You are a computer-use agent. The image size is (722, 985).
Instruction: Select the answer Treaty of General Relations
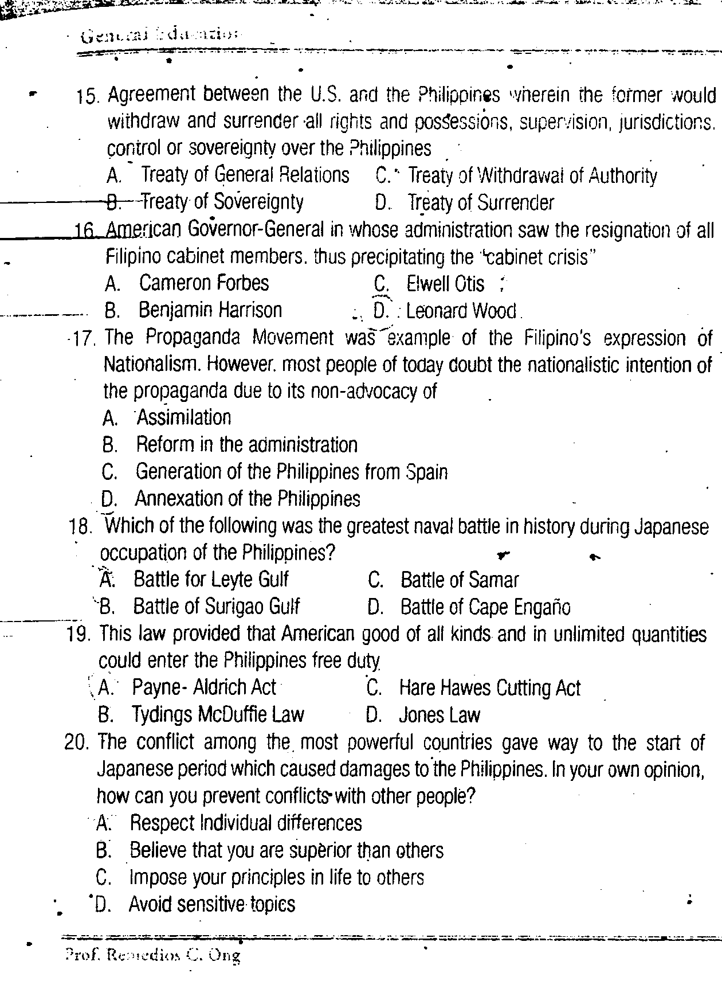pos(245,175)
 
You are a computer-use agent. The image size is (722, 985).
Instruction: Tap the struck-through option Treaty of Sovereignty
pos(222,201)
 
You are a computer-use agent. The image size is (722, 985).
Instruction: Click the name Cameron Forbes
pos(203,283)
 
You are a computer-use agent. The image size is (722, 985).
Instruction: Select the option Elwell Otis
pos(445,284)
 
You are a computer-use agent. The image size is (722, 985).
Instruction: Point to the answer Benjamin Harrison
pos(210,310)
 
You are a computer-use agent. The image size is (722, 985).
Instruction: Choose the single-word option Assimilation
pos(183,417)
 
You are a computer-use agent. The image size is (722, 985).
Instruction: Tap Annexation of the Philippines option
pos(247,499)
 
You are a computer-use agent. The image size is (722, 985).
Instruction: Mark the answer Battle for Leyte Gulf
pos(210,580)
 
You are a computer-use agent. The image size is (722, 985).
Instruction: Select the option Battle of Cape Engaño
pos(485,607)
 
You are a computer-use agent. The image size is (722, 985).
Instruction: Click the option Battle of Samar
pos(459,580)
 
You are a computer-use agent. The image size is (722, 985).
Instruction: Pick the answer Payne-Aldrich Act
pos(203,687)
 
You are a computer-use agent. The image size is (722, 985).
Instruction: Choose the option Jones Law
pos(439,715)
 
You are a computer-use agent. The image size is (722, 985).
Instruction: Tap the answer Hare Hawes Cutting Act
pos(489,688)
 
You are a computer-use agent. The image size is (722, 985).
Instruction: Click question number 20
pos(77,743)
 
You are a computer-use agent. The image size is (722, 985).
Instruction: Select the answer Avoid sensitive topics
pos(211,905)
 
